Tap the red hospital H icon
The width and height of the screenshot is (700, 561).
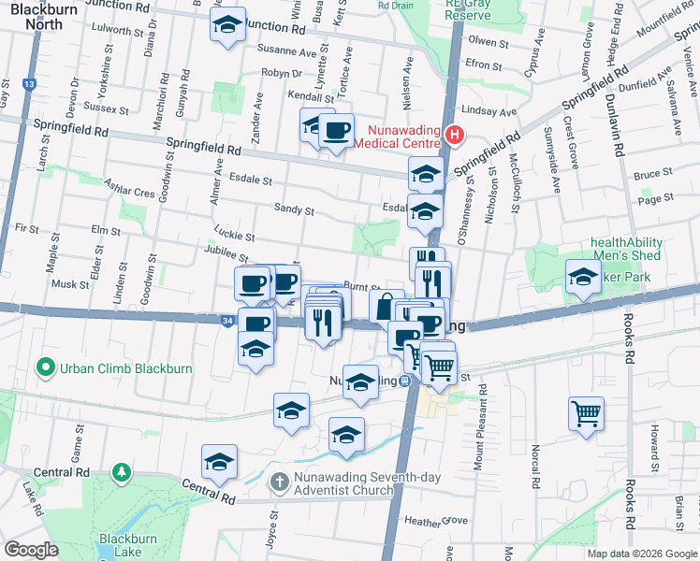[x=455, y=136]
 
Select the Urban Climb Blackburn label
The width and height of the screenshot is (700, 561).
[x=125, y=367]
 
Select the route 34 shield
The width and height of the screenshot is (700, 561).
[x=228, y=320]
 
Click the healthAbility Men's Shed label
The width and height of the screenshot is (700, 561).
[x=626, y=248]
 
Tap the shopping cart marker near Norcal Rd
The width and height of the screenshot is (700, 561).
[x=586, y=412]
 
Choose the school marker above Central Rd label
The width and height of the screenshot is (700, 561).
[x=219, y=461]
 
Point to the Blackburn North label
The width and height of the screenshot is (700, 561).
[x=37, y=16]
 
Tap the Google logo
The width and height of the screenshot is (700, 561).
[x=32, y=551]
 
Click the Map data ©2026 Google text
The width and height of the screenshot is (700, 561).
[x=641, y=554]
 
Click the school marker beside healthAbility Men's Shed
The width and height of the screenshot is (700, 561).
[x=582, y=275]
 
